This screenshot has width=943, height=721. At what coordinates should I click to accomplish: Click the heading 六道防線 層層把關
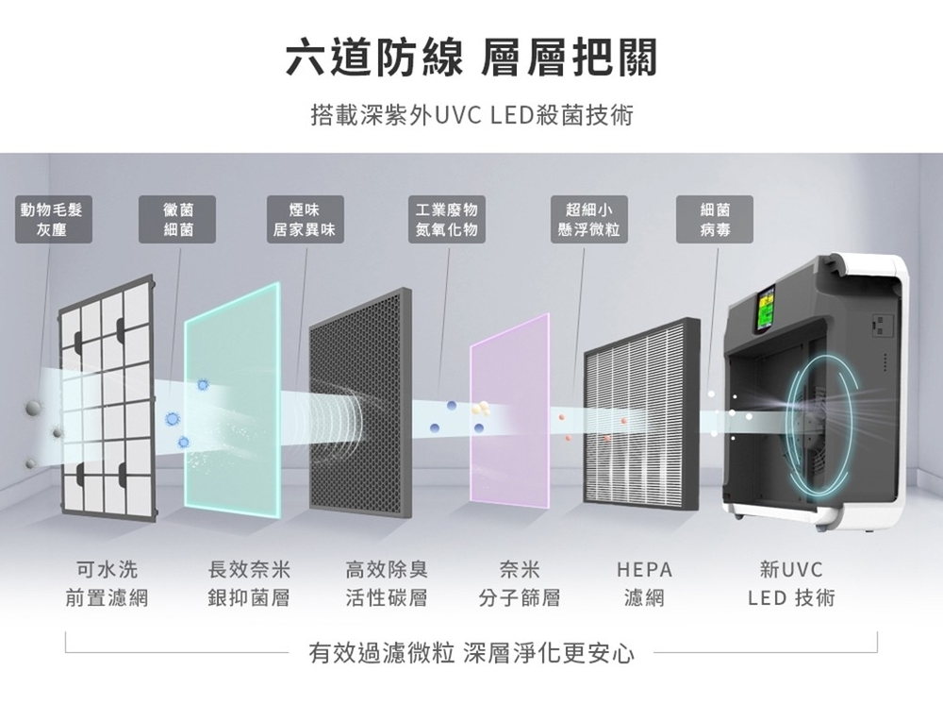[x=471, y=59]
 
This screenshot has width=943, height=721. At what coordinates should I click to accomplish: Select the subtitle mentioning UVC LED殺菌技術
[x=471, y=116]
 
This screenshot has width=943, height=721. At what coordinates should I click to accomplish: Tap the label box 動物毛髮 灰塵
[x=52, y=220]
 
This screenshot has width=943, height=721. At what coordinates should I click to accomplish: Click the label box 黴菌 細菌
[x=178, y=220]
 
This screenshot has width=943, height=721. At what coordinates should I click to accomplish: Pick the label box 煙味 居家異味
[x=304, y=220]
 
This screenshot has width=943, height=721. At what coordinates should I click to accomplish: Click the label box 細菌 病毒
[x=714, y=220]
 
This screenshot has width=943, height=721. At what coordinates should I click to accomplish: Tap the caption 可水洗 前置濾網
[x=107, y=583]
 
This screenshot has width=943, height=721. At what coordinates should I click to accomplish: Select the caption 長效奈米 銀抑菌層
[x=249, y=583]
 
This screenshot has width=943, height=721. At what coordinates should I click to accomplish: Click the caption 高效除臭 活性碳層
[x=387, y=583]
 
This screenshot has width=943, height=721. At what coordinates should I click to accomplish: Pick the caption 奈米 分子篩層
[x=520, y=583]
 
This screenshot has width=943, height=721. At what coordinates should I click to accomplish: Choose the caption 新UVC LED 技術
[x=790, y=583]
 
